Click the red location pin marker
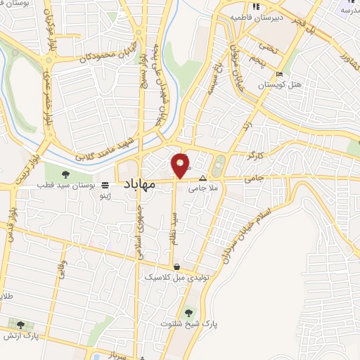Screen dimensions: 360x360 [x=181, y=166]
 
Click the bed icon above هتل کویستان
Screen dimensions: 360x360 [x=281, y=75]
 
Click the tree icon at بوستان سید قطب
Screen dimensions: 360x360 [x=65, y=174]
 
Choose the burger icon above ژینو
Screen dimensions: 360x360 [x=105, y=185]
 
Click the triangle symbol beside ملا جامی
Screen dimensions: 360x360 [x=203, y=179]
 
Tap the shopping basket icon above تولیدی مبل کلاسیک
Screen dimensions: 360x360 [x=175, y=267]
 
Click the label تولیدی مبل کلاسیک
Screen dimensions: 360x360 [x=168, y=278]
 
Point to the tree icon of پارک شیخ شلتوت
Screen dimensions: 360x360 [x=188, y=314]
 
